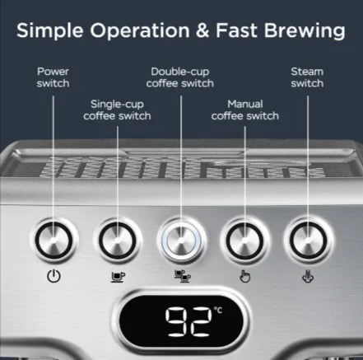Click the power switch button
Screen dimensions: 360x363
click(54, 241)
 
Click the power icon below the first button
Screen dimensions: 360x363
click(54, 277)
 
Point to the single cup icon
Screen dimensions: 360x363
click(118, 277)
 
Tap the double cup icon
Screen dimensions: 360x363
click(181, 277)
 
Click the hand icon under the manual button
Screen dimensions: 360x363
click(244, 277)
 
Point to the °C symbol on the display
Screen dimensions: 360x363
click(217, 311)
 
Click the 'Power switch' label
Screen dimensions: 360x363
click(54, 77)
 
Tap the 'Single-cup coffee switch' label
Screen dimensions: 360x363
click(118, 110)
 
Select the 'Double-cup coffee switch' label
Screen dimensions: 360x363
click(181, 77)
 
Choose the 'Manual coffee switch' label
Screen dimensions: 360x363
click(244, 110)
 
